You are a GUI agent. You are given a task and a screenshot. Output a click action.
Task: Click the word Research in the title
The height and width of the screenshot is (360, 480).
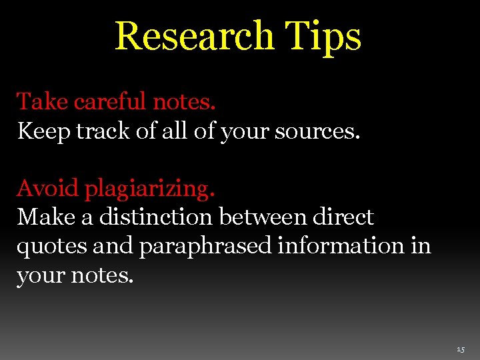[193, 36]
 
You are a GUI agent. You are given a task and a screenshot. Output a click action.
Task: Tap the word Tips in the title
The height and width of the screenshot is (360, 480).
[323, 36]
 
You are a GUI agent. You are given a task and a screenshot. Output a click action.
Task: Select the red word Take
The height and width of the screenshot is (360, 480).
[42, 102]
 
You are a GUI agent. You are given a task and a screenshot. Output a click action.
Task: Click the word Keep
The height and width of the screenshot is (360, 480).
[43, 131]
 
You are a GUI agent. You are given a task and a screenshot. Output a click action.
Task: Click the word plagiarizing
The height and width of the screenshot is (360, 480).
[149, 189]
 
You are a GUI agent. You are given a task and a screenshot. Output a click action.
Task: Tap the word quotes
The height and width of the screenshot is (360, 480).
[52, 247]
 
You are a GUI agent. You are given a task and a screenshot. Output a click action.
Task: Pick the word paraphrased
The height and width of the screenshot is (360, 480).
[205, 247]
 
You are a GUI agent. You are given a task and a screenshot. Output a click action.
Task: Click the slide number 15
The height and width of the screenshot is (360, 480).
[461, 349]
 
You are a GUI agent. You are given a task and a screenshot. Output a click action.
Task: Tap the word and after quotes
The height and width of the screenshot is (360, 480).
[113, 246]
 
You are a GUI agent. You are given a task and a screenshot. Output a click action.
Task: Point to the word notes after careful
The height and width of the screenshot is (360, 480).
[184, 102]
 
